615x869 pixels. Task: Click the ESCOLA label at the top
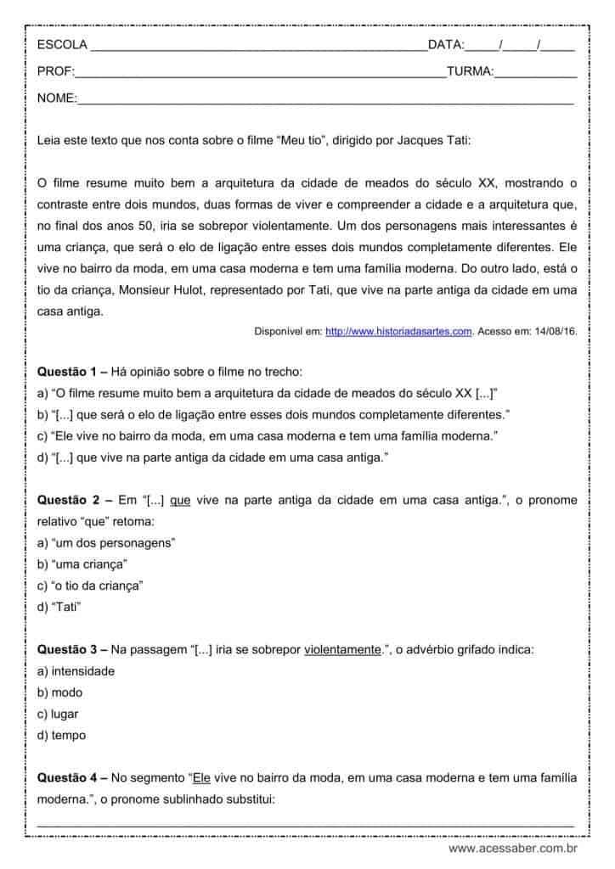[x=62, y=44]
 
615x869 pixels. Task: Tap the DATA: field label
[x=446, y=44]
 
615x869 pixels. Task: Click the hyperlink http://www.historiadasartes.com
[x=398, y=331]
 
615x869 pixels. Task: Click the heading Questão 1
[x=71, y=371]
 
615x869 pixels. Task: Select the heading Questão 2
[x=71, y=501]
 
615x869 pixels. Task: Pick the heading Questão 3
[x=71, y=649]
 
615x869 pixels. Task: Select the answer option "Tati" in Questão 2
[x=67, y=606]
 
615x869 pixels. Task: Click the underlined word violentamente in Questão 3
[x=341, y=649]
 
